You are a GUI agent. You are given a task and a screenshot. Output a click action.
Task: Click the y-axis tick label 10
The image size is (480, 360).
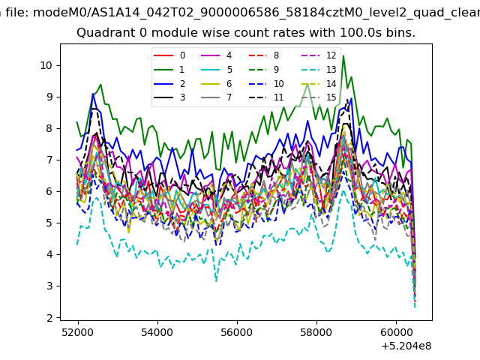point(46,65)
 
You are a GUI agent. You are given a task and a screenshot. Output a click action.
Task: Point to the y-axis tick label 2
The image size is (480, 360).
point(50,318)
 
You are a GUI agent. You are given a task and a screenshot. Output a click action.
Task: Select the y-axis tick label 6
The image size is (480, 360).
point(50,192)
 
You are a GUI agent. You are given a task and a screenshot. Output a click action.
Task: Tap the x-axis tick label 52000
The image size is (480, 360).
point(78,332)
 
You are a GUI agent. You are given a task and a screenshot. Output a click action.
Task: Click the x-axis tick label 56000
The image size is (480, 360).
point(237,332)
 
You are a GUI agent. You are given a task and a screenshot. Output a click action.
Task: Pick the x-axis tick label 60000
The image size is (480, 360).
point(396,332)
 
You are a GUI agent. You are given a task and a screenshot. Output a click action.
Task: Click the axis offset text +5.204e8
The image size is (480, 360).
point(406,346)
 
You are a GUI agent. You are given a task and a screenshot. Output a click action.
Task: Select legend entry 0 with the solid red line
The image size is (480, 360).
point(169,55)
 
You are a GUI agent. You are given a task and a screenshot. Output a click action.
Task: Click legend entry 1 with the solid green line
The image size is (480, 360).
point(169,70)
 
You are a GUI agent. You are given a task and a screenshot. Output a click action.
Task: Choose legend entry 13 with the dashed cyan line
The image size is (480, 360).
point(319,70)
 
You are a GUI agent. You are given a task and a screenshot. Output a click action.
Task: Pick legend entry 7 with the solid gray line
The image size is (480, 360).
point(217,97)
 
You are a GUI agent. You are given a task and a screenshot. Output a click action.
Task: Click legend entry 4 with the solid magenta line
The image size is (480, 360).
point(217,55)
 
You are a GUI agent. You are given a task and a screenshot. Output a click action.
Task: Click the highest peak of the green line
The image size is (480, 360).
point(343,55)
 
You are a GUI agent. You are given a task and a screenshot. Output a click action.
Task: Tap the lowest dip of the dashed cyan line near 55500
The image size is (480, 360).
point(217,281)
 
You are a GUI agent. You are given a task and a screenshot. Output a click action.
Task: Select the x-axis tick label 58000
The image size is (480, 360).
point(316,332)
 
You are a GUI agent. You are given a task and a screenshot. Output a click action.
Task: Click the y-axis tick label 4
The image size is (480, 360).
point(50,255)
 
